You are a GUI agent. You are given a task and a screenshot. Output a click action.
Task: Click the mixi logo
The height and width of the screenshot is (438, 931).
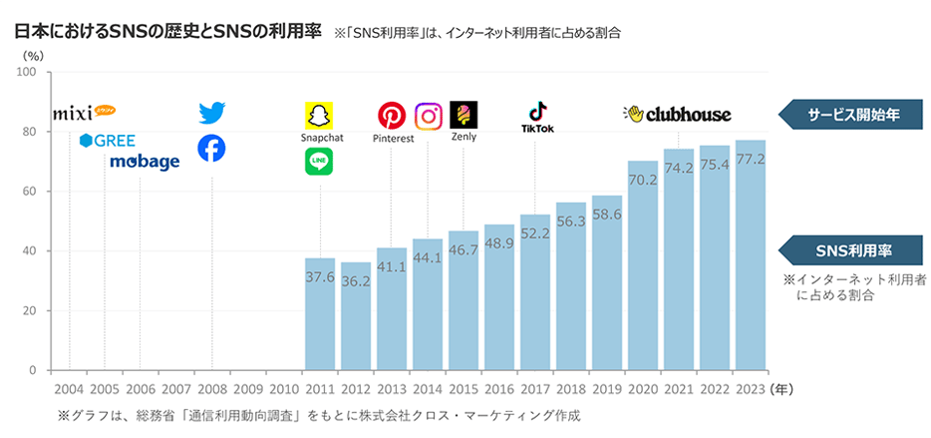pyautogui.click(x=85, y=110)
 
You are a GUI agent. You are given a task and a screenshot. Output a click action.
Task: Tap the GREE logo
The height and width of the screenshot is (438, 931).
pyautogui.click(x=108, y=140)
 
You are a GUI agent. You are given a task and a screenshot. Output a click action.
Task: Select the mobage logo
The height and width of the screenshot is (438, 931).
pyautogui.click(x=145, y=162)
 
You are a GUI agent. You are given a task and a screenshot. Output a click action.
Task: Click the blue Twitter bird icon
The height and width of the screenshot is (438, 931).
pyautogui.click(x=211, y=113)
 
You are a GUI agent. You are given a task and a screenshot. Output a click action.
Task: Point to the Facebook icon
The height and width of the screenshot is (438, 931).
pyautogui.click(x=211, y=149)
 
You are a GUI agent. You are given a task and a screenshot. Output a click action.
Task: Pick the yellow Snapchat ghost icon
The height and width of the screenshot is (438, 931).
pyautogui.click(x=319, y=115)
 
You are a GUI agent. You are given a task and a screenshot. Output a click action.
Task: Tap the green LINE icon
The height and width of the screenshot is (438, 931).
pyautogui.click(x=319, y=161)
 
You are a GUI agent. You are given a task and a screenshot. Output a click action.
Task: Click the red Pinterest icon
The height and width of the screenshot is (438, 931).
pyautogui.click(x=391, y=116)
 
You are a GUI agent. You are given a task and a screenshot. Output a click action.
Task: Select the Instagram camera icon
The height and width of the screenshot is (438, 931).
pyautogui.click(x=428, y=116)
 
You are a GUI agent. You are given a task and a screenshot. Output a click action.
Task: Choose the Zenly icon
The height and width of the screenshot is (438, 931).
pyautogui.click(x=464, y=115)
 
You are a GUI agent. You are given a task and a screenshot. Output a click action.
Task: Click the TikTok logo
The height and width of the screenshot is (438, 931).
pyautogui.click(x=537, y=116)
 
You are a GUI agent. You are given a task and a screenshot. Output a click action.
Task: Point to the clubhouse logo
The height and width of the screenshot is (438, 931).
pyautogui.click(x=678, y=114)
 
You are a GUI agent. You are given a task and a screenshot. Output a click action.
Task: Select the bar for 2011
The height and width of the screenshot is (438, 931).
pyautogui.click(x=319, y=314)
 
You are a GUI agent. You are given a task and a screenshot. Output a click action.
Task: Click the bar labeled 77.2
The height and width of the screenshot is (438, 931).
pyautogui.click(x=751, y=255)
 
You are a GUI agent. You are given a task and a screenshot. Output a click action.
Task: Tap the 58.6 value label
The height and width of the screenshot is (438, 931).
pyautogui.click(x=607, y=215)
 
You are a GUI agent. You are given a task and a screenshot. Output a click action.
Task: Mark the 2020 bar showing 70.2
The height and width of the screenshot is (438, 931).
pyautogui.click(x=643, y=265)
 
